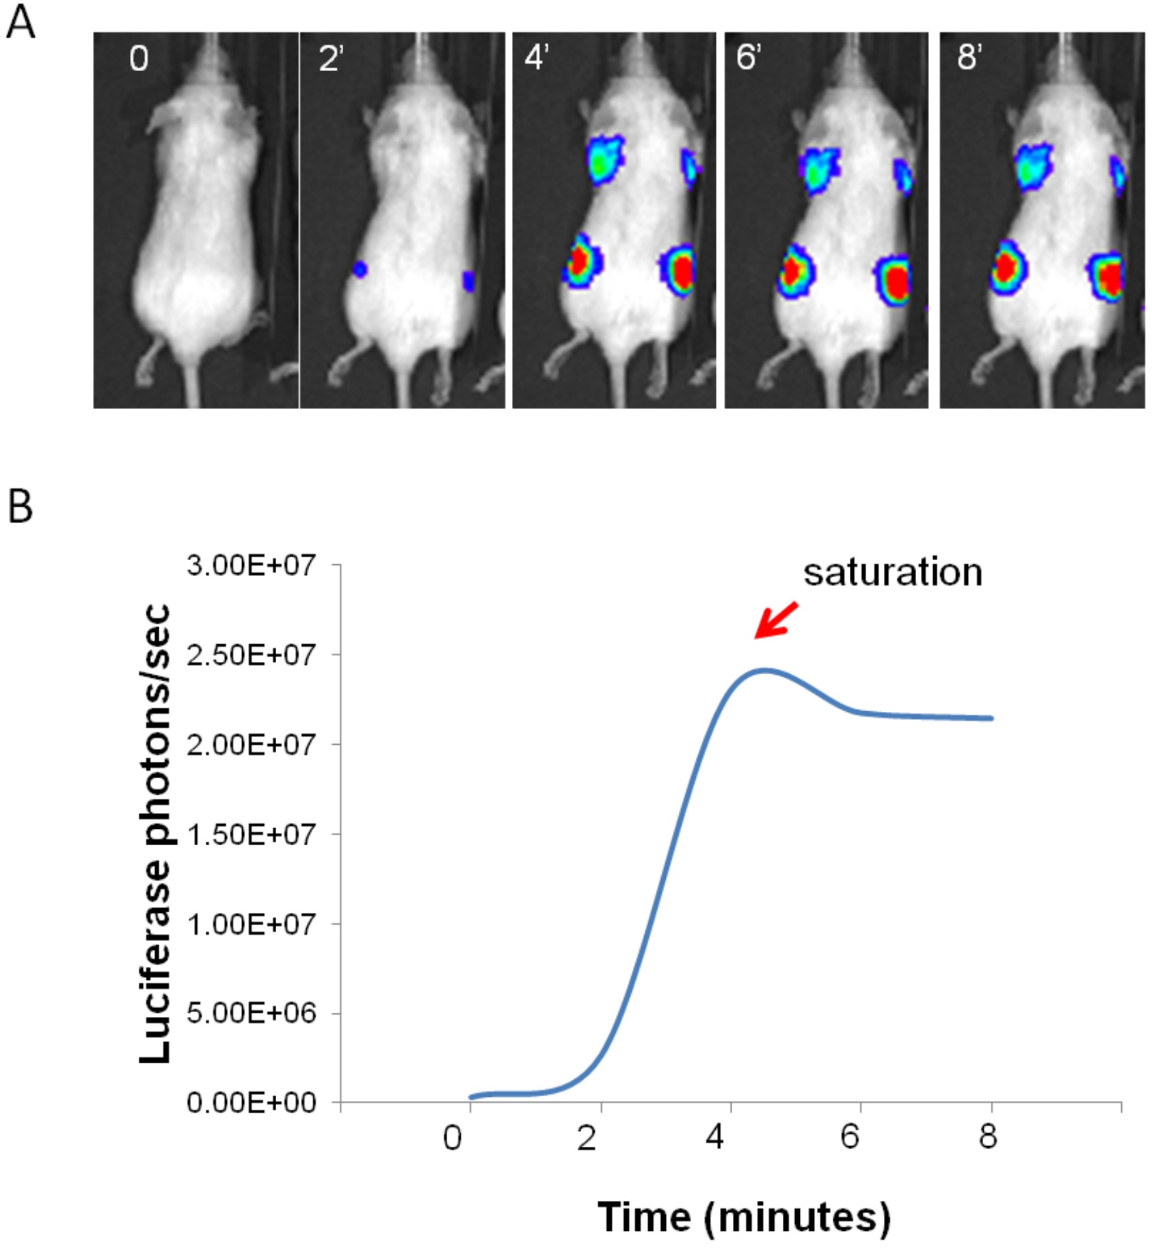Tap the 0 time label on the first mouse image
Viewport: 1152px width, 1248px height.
point(138,59)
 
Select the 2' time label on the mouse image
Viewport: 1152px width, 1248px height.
point(331,59)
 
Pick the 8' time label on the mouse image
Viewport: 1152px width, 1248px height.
point(969,59)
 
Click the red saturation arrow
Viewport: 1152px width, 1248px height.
point(776,620)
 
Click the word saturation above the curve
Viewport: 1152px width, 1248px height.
point(892,572)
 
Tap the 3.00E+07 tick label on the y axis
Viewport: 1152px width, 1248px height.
point(252,566)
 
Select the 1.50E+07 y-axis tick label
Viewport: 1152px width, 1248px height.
point(252,834)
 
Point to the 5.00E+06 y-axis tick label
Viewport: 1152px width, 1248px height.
point(252,1013)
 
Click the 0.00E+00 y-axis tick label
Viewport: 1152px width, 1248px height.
point(252,1103)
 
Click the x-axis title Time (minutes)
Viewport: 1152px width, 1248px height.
point(744,1217)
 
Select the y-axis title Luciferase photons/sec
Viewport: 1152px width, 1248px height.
point(155,834)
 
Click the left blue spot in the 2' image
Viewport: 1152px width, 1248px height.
point(360,269)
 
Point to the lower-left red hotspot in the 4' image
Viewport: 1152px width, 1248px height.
point(580,261)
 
